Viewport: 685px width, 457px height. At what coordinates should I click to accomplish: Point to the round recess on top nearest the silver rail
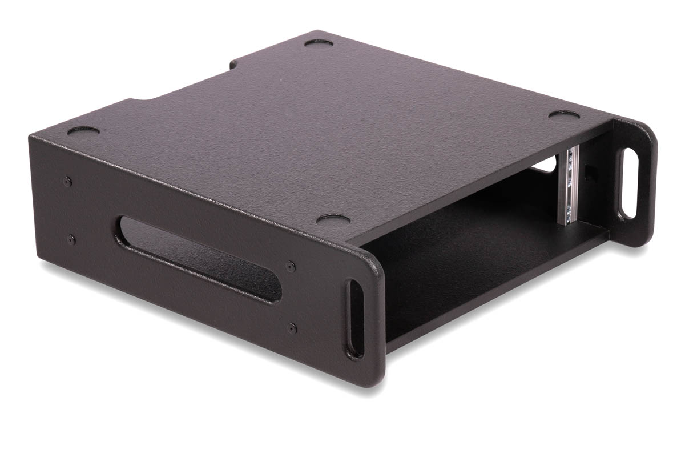[564, 115]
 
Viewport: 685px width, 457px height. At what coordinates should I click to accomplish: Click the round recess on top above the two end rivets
[83, 131]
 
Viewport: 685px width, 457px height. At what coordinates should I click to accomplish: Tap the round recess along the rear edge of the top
[320, 43]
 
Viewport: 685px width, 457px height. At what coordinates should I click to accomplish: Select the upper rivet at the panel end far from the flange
[68, 182]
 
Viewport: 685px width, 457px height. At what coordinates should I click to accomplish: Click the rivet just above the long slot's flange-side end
[291, 266]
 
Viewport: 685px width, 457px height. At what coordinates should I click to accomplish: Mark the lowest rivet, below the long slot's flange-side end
[292, 328]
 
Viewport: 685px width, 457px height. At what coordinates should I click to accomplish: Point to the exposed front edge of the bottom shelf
[497, 291]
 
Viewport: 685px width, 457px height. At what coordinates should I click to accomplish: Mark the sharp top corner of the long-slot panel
[31, 136]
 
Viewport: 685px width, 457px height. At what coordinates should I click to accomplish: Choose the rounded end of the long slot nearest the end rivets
[123, 231]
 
